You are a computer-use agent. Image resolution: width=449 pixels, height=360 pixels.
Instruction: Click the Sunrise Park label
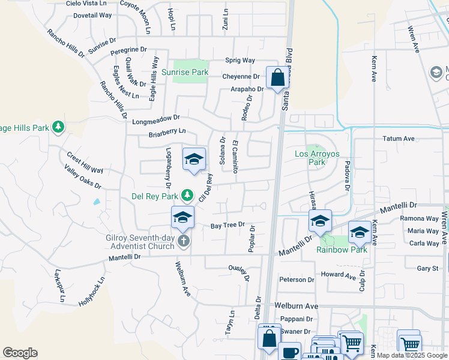click(x=191, y=73)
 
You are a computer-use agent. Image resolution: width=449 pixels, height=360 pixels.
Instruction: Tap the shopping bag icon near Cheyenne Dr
click(x=277, y=78)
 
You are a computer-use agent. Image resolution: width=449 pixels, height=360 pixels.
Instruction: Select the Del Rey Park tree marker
click(x=187, y=195)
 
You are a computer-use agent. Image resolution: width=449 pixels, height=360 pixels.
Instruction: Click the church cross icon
click(x=184, y=241)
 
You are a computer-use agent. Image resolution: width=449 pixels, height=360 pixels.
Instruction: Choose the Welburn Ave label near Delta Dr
click(x=296, y=306)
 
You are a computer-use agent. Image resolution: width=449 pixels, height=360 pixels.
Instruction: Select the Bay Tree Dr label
click(x=228, y=226)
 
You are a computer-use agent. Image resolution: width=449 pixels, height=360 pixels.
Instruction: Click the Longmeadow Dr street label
click(x=156, y=120)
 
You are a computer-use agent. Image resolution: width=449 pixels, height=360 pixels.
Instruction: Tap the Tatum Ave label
click(x=399, y=139)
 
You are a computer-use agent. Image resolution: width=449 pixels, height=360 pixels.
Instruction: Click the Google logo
click(x=20, y=353)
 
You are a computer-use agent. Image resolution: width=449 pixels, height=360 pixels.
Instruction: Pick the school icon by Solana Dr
click(x=194, y=159)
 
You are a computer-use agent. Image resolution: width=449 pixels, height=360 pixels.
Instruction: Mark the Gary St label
click(x=427, y=268)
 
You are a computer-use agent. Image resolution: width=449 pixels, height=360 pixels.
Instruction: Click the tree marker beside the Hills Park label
click(x=58, y=127)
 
